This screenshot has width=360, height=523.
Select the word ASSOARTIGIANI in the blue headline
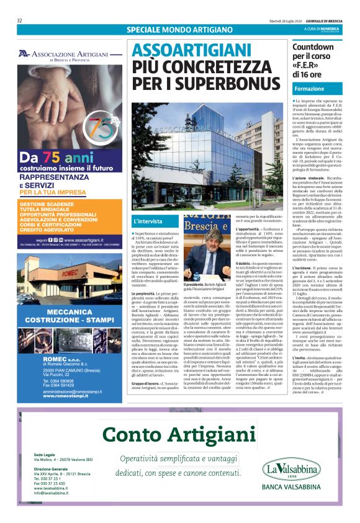coord(185,50)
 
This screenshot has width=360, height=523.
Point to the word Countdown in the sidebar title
coord(313,47)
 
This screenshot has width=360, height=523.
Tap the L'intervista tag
coord(148,220)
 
